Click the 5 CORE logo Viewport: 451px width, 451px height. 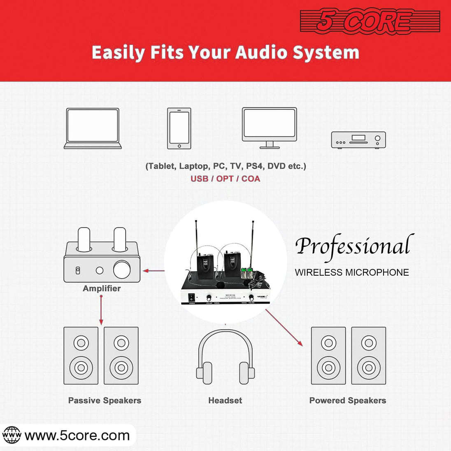click(370, 21)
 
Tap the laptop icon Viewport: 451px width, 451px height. click(93, 128)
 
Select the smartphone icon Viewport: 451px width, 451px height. click(179, 128)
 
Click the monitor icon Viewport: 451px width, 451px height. click(270, 128)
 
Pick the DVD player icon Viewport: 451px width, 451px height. click(358, 140)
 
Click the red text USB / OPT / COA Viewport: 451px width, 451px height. click(225, 179)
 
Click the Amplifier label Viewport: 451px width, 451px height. click(102, 288)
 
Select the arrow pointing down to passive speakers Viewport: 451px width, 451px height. click(101, 311)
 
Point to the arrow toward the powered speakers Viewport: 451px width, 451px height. click(284, 327)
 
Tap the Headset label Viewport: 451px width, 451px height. click(225, 400)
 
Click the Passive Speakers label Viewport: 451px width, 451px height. click(105, 400)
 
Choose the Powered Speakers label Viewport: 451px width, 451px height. click(348, 400)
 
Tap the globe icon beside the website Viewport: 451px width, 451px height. click(12, 435)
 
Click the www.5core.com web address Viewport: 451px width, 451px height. click(77, 435)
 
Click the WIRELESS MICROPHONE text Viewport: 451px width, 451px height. click(352, 272)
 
